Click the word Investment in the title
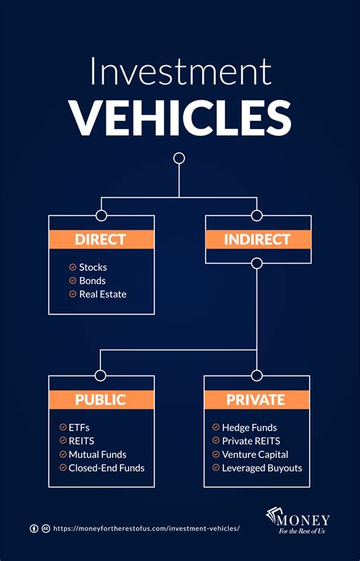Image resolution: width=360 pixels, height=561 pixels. pos(179,73)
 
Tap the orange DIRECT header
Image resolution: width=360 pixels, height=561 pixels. pos(101,240)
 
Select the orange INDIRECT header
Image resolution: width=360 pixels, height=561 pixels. pos(257,240)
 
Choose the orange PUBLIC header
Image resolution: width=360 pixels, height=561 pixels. pos(101,400)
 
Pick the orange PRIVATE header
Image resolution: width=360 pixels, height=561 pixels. pos(257,400)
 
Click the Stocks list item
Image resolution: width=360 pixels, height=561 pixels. pos(93,267)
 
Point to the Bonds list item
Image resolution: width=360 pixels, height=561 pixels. pos(92,281)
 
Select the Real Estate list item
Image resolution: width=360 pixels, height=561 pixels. pos(103,294)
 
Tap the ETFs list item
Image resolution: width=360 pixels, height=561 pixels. pos(78,427)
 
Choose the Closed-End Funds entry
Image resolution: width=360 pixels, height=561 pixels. pos(106,468)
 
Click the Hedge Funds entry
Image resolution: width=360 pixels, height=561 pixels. pos(249,427)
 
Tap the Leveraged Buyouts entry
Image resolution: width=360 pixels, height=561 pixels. pos(261,468)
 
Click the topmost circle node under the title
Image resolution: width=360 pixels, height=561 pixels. pos(179,158)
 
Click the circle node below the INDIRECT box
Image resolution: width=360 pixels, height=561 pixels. pos(257,263)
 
